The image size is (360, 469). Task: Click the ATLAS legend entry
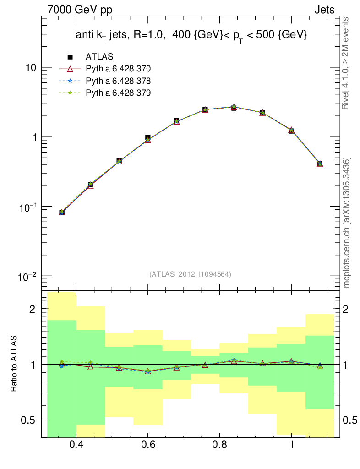[99, 57]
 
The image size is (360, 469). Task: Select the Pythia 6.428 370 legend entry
[118, 69]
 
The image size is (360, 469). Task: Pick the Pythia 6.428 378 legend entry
[118, 81]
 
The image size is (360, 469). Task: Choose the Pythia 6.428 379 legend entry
[118, 93]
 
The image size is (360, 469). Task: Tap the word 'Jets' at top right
[324, 10]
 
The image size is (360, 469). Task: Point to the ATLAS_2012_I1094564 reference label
[190, 274]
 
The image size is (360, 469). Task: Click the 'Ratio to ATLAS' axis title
[14, 364]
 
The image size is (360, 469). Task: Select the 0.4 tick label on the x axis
[76, 445]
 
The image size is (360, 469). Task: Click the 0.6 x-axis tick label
[148, 445]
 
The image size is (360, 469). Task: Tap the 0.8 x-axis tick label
[220, 445]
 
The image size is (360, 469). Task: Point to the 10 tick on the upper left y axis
[30, 68]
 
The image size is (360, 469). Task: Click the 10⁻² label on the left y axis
[27, 276]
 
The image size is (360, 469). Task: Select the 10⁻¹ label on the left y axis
[27, 207]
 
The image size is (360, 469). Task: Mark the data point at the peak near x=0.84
[234, 107]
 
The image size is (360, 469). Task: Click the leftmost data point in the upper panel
[62, 212]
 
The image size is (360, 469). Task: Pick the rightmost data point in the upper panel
[320, 164]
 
